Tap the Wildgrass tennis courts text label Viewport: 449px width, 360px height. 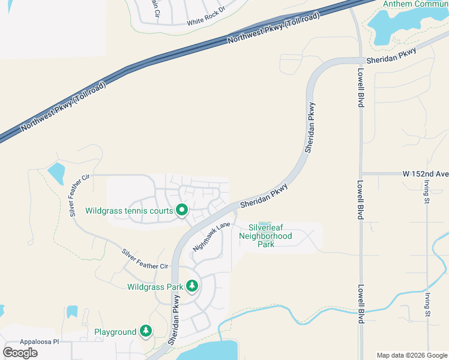(129, 211)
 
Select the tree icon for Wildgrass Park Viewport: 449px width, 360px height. (192, 286)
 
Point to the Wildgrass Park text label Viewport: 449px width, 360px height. (155, 287)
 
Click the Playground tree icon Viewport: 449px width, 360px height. (145, 331)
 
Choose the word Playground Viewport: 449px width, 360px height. (115, 332)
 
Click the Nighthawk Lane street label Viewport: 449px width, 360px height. (211, 236)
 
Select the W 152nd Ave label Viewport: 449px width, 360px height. (426, 174)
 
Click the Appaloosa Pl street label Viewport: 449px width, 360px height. (23, 340)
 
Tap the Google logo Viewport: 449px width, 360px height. (20, 352)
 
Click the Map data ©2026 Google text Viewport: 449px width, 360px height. (411, 355)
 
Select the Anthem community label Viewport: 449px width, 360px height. (415, 4)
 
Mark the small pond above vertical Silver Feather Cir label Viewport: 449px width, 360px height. (56, 173)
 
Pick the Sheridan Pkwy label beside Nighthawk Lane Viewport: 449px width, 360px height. (264, 196)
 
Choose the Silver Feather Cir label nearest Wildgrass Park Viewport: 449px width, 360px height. (145, 259)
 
